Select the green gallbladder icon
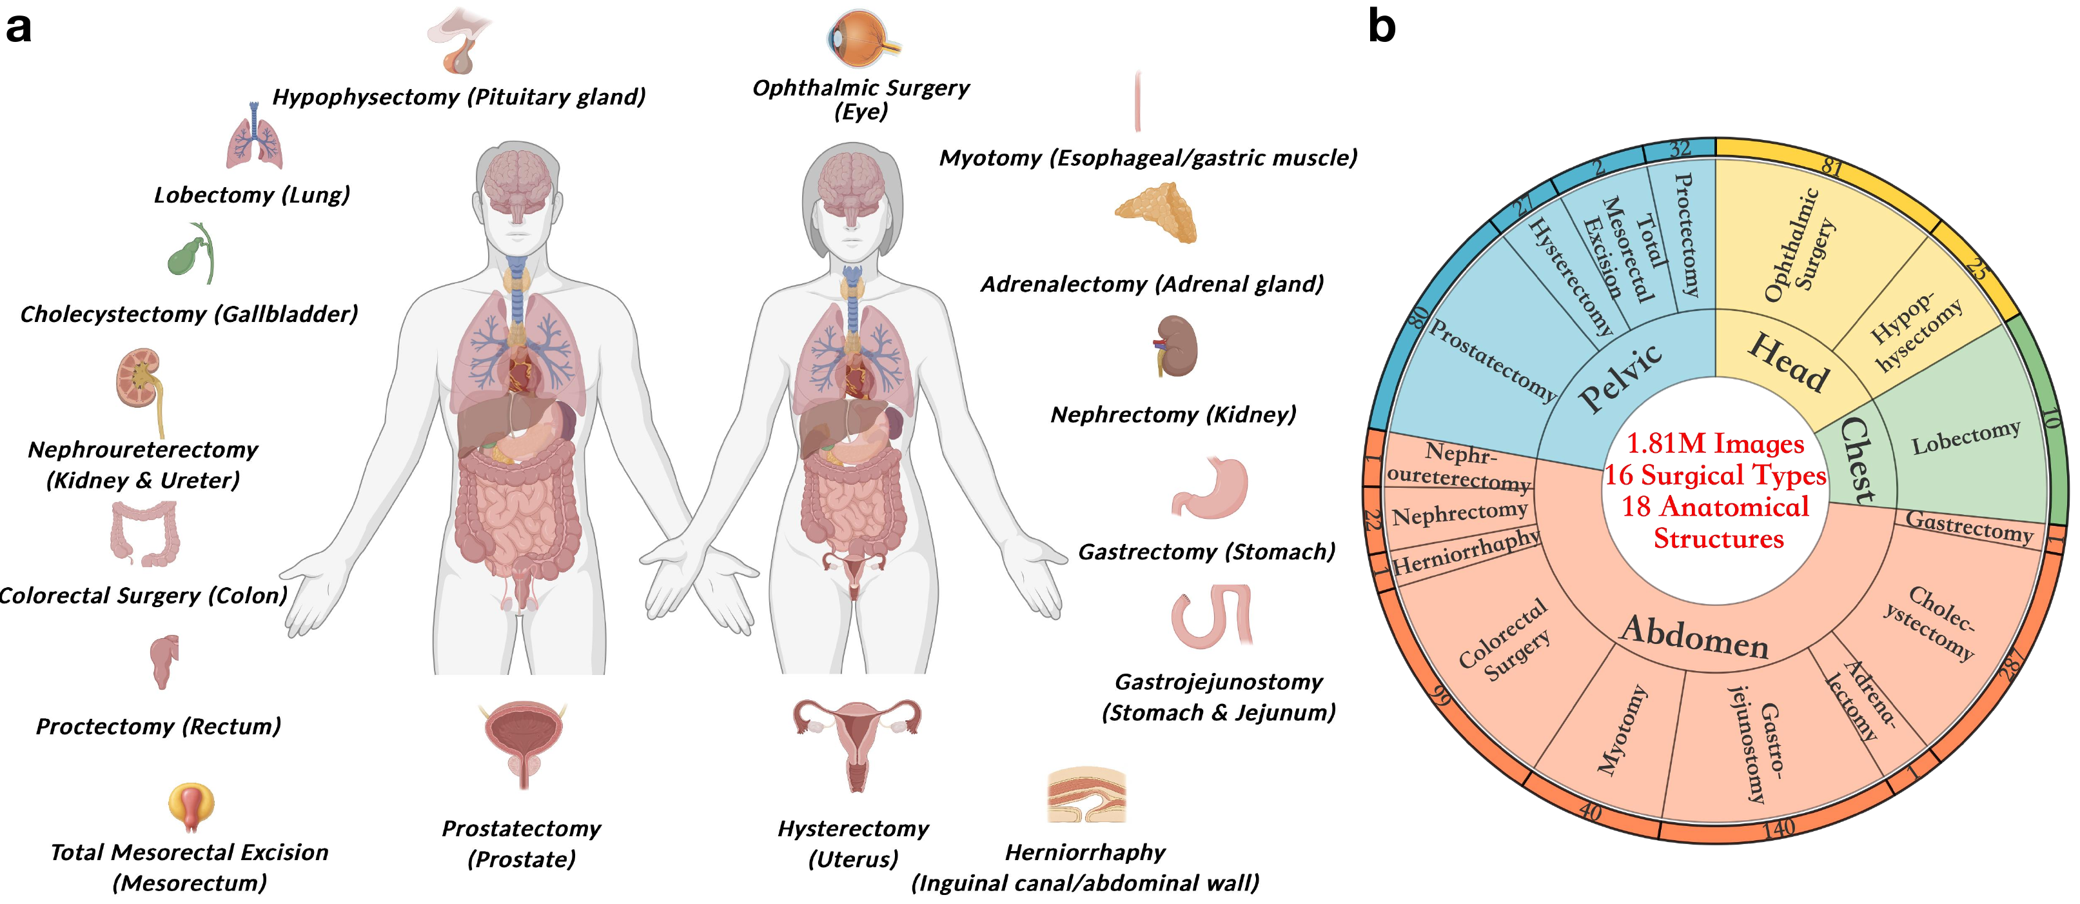(x=191, y=253)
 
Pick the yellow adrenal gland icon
(x=1155, y=212)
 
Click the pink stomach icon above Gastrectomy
(x=1210, y=488)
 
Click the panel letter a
(x=19, y=28)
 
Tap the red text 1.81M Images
(x=1715, y=443)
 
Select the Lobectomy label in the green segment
(x=1965, y=437)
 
